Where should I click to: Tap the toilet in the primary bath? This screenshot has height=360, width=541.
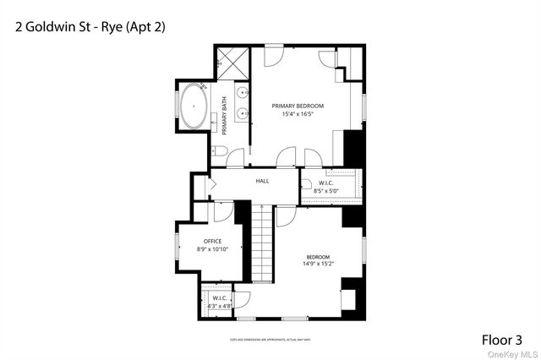[217, 150]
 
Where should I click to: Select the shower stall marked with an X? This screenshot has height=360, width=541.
[230, 61]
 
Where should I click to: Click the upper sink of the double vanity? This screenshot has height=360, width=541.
[243, 91]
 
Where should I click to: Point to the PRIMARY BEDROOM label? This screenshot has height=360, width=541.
[298, 106]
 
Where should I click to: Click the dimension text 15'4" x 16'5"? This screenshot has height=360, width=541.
[298, 114]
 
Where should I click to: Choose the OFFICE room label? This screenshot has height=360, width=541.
[212, 242]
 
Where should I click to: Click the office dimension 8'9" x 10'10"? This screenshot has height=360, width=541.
[212, 249]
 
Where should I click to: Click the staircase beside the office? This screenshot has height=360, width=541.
[264, 245]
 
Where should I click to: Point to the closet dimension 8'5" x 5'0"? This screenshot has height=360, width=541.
[327, 192]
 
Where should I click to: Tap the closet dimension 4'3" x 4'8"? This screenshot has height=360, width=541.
[218, 306]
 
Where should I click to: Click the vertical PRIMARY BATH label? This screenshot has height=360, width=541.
[225, 117]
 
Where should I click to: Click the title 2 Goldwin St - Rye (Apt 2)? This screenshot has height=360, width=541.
[90, 27]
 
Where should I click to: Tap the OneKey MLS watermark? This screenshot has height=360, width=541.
[515, 353]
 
